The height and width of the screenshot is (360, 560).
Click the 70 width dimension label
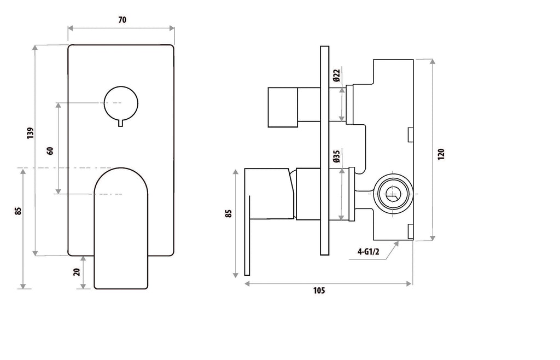click(x=122, y=20)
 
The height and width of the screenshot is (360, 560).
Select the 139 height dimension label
click(x=31, y=133)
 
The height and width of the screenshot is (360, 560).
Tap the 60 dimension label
click(x=50, y=150)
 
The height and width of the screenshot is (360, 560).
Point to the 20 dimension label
click(x=77, y=272)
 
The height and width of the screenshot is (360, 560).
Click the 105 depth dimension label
click(x=319, y=291)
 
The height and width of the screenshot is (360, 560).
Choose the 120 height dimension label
click(x=441, y=154)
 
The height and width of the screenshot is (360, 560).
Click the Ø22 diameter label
click(x=336, y=76)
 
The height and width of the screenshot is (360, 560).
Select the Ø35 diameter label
click(x=336, y=156)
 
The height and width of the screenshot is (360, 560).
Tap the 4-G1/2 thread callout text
click(x=369, y=252)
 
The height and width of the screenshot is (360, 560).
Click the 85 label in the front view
click(x=18, y=211)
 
